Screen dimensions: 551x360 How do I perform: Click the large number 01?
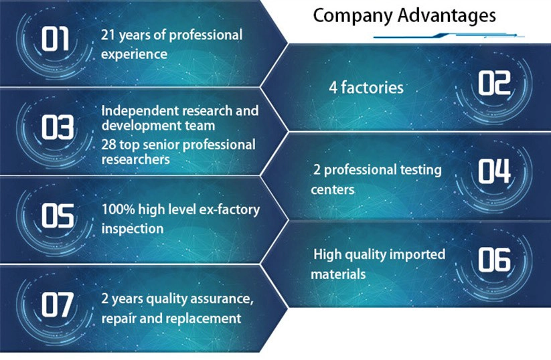coord(55,39)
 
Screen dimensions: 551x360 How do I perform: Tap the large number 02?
coord(494,83)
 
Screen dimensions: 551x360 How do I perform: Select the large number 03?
coord(58,127)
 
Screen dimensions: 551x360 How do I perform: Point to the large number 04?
coord(494,171)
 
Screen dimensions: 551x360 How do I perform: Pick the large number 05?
coord(58,215)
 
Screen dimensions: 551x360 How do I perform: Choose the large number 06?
coord(494,260)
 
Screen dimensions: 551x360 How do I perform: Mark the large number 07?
coord(58,304)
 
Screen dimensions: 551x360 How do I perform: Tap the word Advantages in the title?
coord(447,15)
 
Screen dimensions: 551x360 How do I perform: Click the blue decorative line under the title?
coord(449,35)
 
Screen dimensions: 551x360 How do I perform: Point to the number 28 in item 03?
coord(108,145)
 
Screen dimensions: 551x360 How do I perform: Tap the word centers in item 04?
coord(333,190)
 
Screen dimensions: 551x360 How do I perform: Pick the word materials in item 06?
coord(338,274)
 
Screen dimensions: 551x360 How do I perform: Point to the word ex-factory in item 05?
coord(230,209)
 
